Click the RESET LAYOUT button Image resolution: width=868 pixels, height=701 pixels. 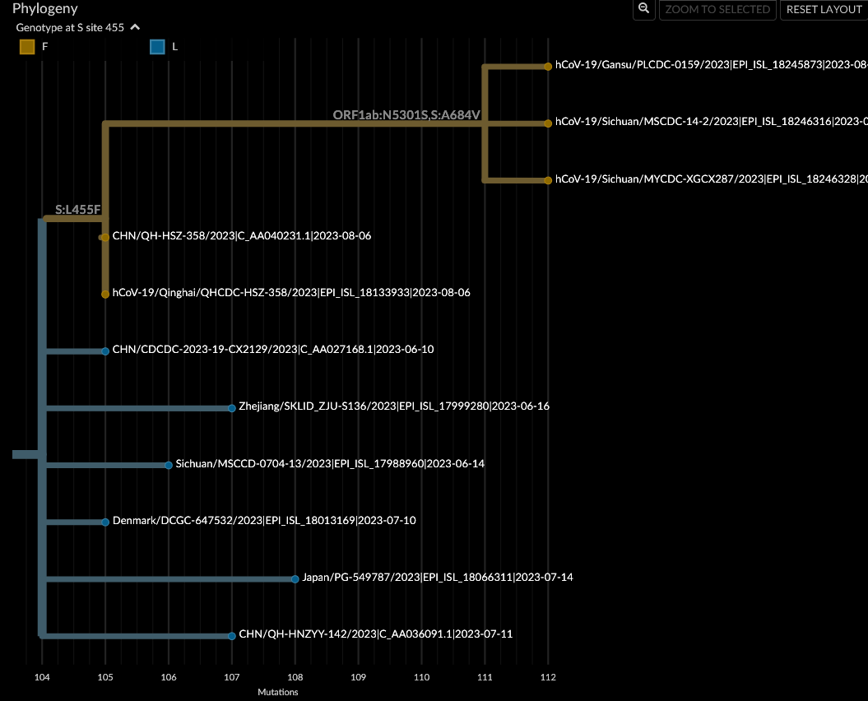tap(824, 10)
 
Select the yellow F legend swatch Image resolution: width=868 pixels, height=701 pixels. tap(27, 47)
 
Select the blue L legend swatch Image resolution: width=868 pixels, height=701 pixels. tap(157, 47)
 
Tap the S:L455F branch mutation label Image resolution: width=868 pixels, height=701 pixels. tap(77, 210)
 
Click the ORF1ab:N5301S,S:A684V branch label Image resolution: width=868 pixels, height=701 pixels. tap(406, 115)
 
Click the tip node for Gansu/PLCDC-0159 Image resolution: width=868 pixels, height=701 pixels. tap(548, 66)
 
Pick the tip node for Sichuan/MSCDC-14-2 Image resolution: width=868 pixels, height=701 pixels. tap(548, 123)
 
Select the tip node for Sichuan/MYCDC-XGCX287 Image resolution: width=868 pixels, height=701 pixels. tap(548, 180)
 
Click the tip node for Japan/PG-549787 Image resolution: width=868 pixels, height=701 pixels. tap(295, 578)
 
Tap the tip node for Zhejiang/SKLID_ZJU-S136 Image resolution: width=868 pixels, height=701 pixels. tap(232, 407)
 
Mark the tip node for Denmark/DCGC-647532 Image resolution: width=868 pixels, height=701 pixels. tap(105, 522)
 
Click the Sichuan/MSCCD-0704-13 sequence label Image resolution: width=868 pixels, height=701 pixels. tap(329, 464)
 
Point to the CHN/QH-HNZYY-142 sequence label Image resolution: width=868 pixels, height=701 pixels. tap(375, 634)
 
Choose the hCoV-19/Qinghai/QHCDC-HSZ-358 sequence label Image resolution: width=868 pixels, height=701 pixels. tap(291, 293)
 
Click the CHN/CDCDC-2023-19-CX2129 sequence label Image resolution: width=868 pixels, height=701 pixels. tap(272, 350)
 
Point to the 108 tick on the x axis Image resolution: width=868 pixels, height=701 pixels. tap(295, 677)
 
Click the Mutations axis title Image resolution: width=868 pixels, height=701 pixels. tap(277, 692)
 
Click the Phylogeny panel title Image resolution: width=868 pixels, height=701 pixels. tap(45, 9)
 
